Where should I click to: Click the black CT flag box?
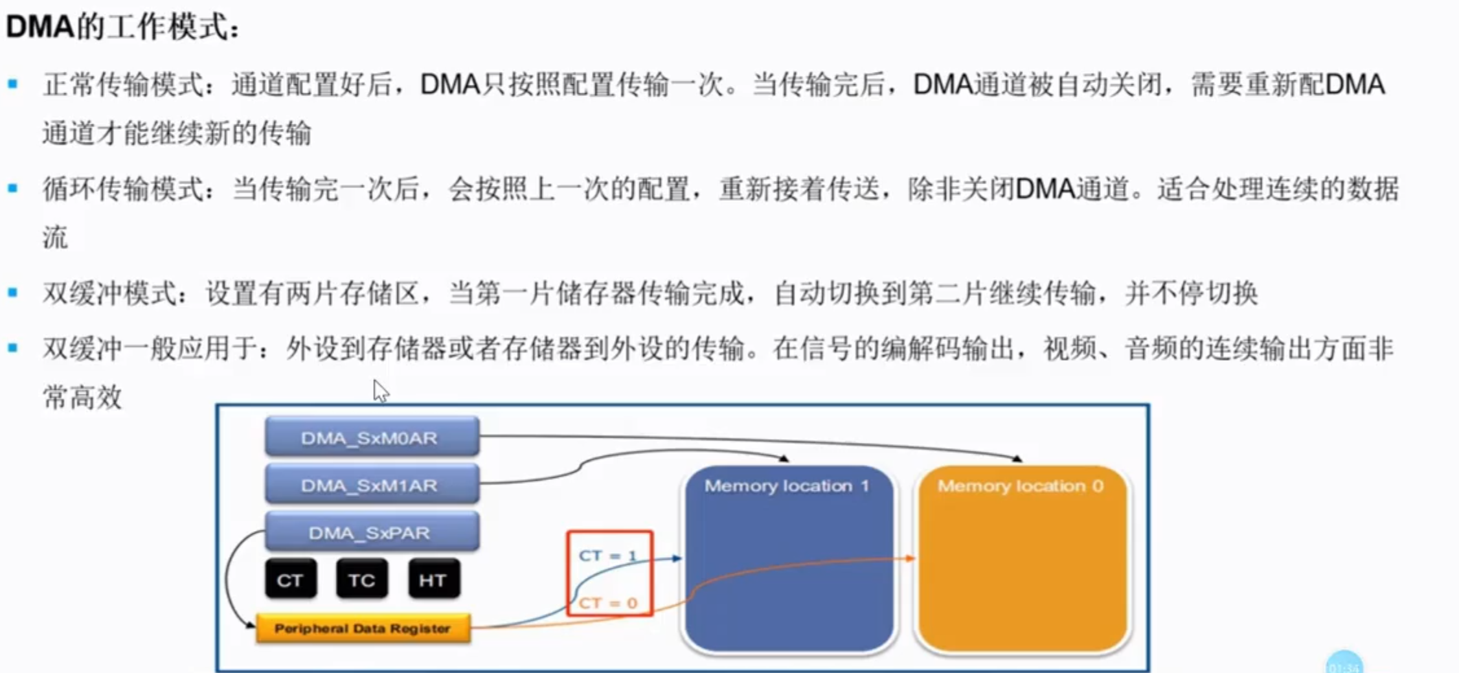click(x=290, y=579)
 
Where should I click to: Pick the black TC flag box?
click(x=361, y=579)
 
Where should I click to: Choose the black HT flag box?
click(x=433, y=579)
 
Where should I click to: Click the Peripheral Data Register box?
click(x=363, y=628)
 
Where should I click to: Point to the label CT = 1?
click(x=607, y=556)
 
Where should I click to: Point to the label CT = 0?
click(x=607, y=603)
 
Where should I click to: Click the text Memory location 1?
click(x=786, y=486)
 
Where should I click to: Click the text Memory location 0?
click(x=1020, y=486)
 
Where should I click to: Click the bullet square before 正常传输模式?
click(x=13, y=84)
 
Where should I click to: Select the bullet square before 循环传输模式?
click(x=13, y=188)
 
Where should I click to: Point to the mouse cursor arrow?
click(x=380, y=390)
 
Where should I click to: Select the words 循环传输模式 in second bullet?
click(x=123, y=189)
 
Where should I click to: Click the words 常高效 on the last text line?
click(x=82, y=396)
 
